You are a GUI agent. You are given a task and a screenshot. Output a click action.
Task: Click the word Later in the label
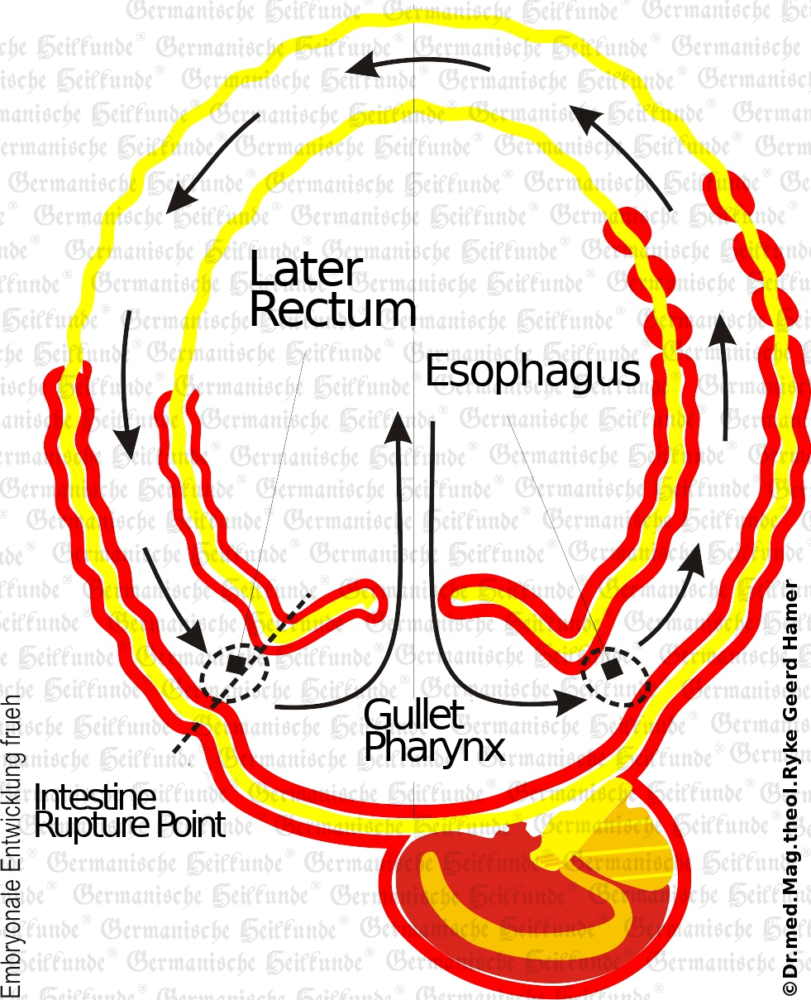pyautogui.click(x=306, y=270)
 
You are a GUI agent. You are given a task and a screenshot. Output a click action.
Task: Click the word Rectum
pyautogui.click(x=332, y=309)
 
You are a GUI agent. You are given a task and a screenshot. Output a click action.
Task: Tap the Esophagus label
pyautogui.click(x=532, y=372)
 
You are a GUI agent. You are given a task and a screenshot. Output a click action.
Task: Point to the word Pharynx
pyautogui.click(x=434, y=747)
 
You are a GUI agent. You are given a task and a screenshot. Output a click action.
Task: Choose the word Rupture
pyautogui.click(x=93, y=825)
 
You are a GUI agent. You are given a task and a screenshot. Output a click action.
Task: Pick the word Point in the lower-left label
pyautogui.click(x=189, y=825)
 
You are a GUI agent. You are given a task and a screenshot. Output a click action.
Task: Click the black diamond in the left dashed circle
pyautogui.click(x=236, y=664)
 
